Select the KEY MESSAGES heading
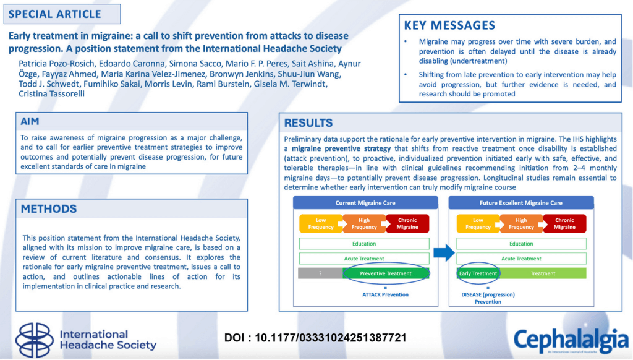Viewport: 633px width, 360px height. [x=449, y=25]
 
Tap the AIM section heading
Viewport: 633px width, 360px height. [x=30, y=122]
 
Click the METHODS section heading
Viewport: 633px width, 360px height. [x=49, y=209]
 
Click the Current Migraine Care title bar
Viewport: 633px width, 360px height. [x=365, y=203]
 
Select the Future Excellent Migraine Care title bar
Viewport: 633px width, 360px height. [x=521, y=203]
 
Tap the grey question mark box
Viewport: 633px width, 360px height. [x=320, y=273]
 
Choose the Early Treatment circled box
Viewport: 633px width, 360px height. [x=478, y=273]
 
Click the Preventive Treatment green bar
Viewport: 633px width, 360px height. [x=386, y=273]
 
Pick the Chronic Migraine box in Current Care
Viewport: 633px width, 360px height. [x=407, y=223]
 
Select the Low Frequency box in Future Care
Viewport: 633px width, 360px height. [x=478, y=223]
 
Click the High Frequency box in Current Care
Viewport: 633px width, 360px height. [x=364, y=223]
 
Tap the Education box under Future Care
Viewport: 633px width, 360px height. [x=521, y=244]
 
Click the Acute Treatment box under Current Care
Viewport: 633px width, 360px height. [x=364, y=259]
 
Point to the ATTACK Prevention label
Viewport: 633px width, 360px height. [x=385, y=294]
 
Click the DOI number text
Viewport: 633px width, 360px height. [x=315, y=338]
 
